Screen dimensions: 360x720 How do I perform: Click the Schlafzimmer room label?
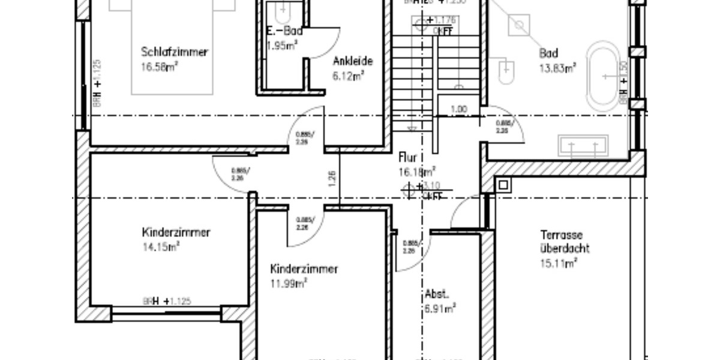tap(175, 52)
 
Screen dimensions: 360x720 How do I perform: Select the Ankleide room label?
tap(353, 61)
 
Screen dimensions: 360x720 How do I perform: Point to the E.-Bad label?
tap(284, 32)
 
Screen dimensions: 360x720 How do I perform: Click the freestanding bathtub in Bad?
tap(605, 76)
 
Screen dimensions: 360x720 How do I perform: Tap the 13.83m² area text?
tap(557, 68)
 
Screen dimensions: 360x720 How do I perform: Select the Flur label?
tap(408, 158)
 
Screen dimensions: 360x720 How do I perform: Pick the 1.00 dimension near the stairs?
tap(458, 109)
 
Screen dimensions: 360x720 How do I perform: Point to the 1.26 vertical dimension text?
tap(332, 177)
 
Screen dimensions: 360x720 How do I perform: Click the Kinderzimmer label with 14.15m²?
tap(176, 232)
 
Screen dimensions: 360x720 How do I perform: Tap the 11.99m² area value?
tap(289, 283)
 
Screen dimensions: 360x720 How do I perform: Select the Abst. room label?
tap(437, 295)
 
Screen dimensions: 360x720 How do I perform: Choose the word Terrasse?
tap(561, 235)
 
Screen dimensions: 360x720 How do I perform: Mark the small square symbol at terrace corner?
tap(503, 185)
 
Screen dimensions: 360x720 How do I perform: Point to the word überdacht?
tap(565, 248)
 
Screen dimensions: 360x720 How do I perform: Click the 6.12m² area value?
tap(349, 76)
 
